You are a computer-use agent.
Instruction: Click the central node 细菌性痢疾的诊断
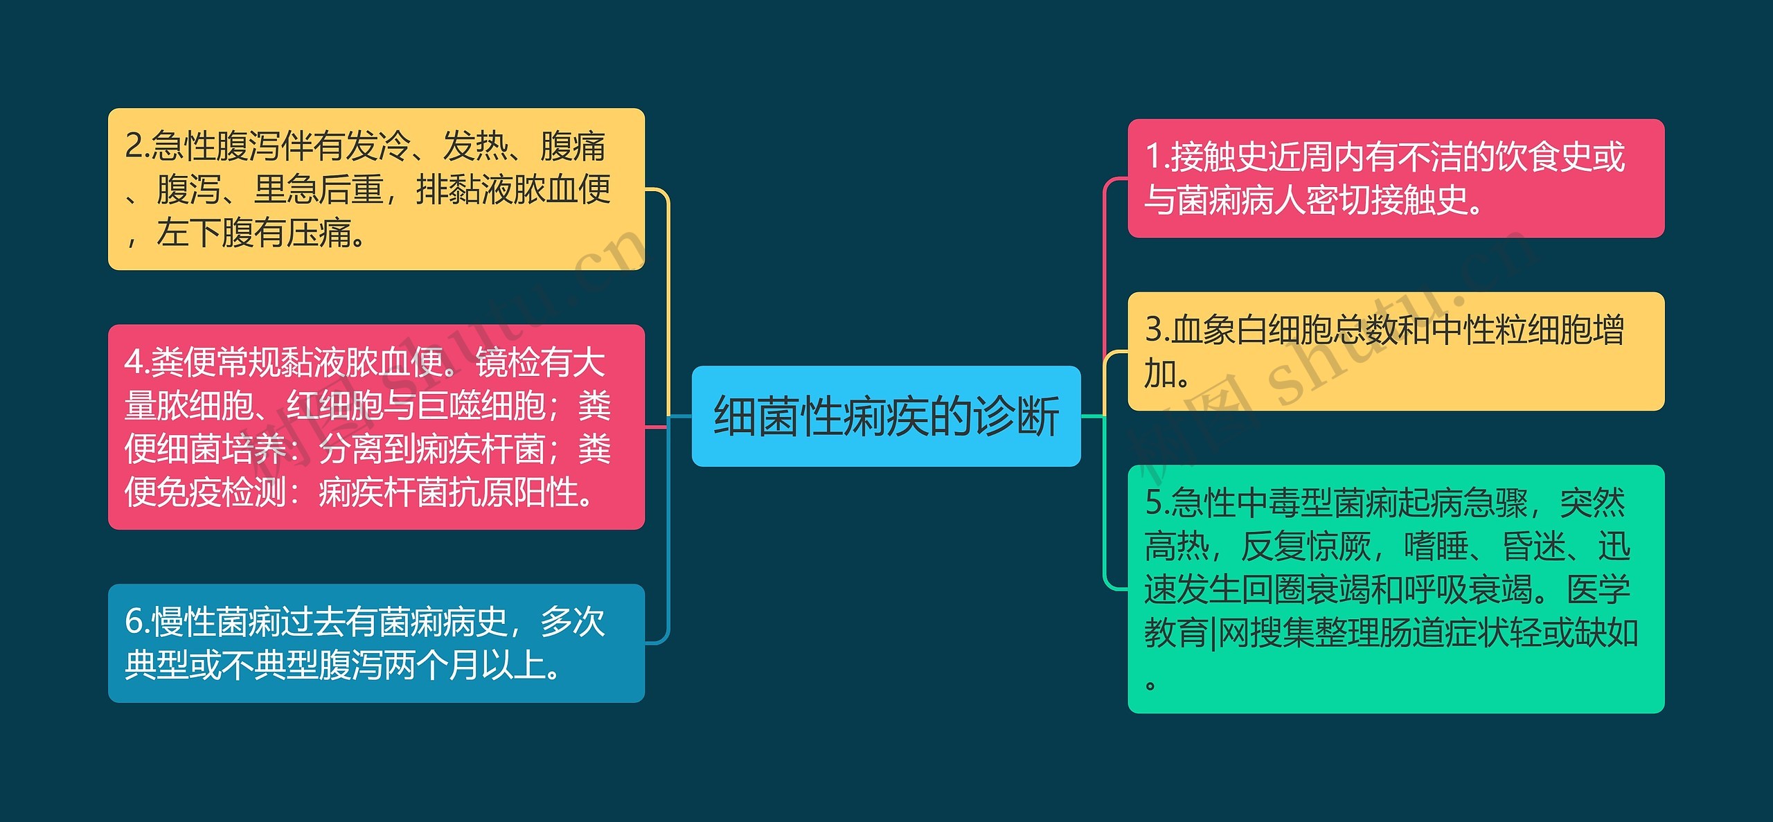pyautogui.click(x=886, y=416)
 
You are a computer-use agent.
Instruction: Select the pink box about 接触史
pyautogui.click(x=1396, y=179)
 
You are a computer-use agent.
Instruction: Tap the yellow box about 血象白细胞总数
pyautogui.click(x=1396, y=351)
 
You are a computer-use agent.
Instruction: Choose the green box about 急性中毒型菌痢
pyautogui.click(x=1396, y=589)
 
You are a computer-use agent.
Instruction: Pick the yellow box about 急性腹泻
pyautogui.click(x=376, y=189)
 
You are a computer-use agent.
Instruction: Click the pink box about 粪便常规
pyautogui.click(x=376, y=427)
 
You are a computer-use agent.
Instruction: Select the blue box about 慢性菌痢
pyautogui.click(x=376, y=643)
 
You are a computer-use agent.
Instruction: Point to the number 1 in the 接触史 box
pyautogui.click(x=1152, y=157)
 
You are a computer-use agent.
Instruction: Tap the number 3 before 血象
pyautogui.click(x=1154, y=330)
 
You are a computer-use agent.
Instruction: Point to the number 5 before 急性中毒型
pyautogui.click(x=1154, y=503)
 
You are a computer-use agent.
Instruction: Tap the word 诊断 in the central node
pyautogui.click(x=1016, y=417)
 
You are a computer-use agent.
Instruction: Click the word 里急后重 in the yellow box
pyautogui.click(x=318, y=190)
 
